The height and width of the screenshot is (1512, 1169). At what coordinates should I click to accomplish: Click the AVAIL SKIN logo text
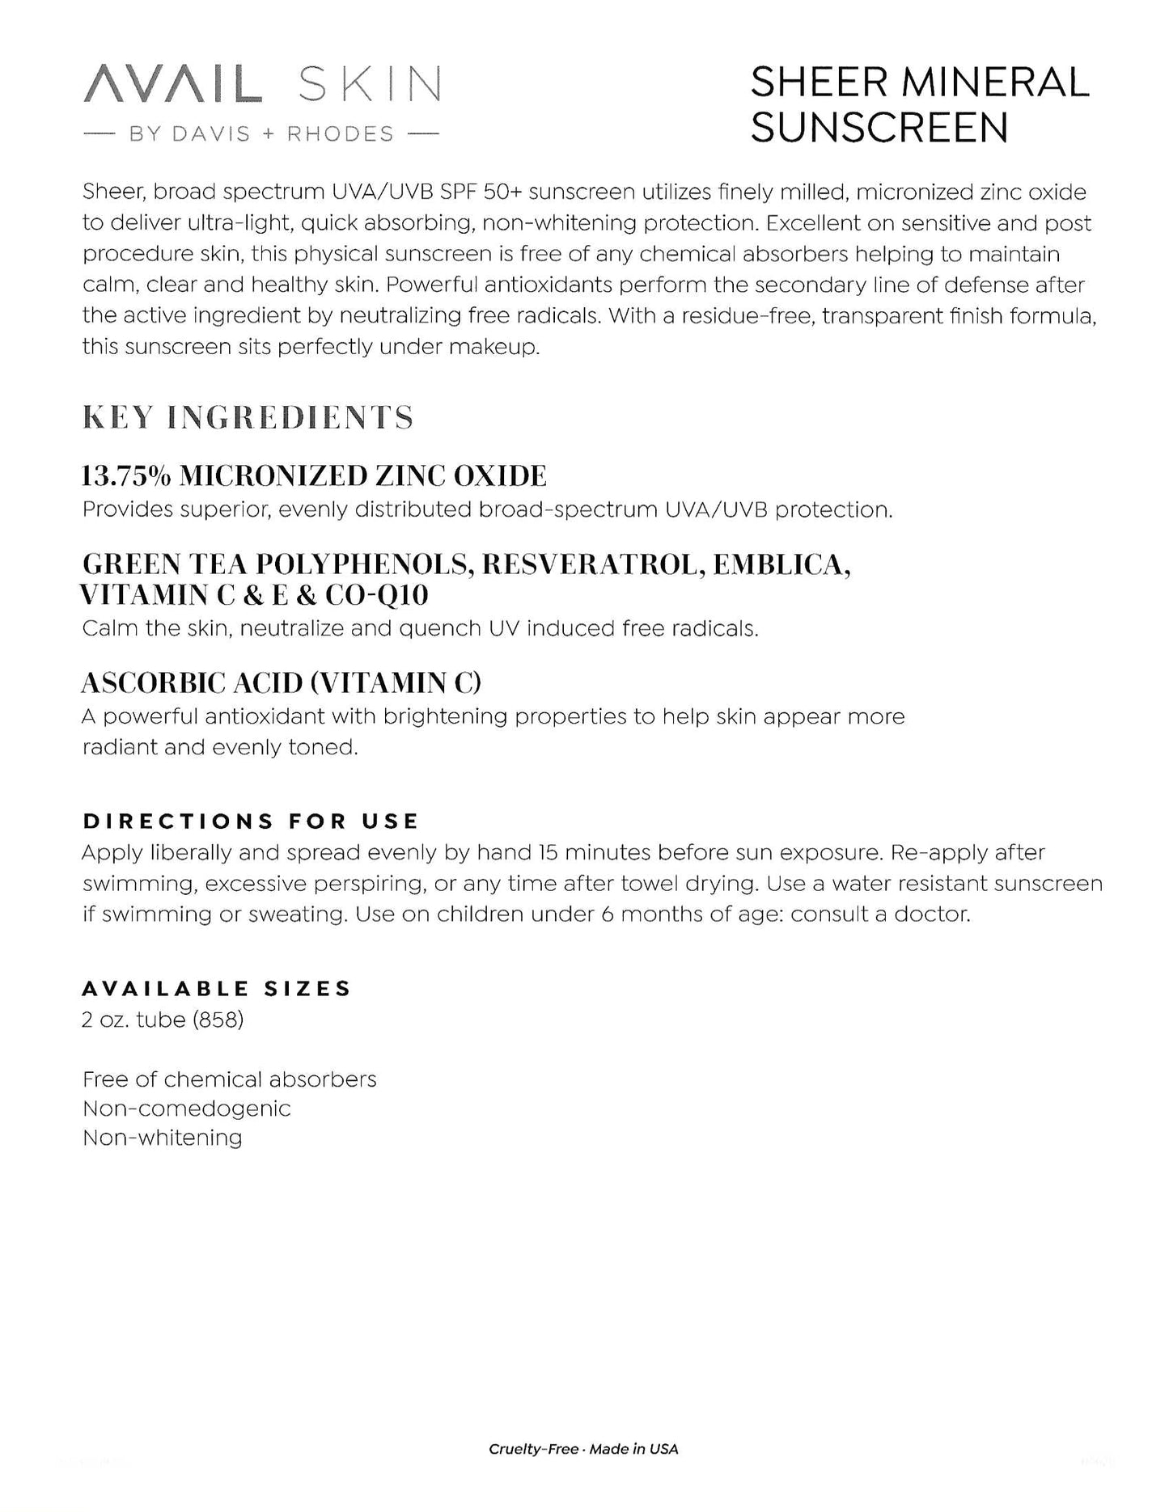[262, 86]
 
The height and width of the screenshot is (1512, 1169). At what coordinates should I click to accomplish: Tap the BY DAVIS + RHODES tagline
[261, 134]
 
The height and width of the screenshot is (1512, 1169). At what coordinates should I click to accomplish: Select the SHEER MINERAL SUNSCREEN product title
[919, 105]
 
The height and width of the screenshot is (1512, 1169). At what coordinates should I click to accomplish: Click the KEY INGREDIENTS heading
[248, 418]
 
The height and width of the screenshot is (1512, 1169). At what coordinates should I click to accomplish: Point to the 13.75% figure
[125, 476]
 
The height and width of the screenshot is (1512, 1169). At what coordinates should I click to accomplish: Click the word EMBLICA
[781, 564]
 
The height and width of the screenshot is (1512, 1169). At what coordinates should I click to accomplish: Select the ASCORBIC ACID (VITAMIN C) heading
[281, 683]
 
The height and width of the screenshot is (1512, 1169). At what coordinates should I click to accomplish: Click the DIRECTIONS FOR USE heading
[251, 821]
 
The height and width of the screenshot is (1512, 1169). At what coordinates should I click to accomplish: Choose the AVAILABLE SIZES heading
[217, 989]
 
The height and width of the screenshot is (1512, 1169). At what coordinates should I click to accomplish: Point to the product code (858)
[218, 1020]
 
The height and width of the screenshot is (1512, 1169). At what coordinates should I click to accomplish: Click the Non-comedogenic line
[186, 1109]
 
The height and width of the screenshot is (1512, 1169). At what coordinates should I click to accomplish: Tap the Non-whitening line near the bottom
[162, 1138]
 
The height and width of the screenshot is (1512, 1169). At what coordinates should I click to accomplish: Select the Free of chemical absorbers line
[229, 1079]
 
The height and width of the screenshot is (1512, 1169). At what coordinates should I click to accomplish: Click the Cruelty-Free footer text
[533, 1449]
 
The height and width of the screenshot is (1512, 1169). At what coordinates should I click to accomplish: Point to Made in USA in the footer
[633, 1449]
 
